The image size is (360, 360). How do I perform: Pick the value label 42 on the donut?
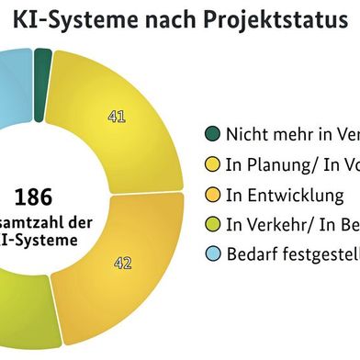click(123, 264)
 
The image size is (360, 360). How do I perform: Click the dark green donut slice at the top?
click(42, 62)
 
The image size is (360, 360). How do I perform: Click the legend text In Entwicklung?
click(285, 196)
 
